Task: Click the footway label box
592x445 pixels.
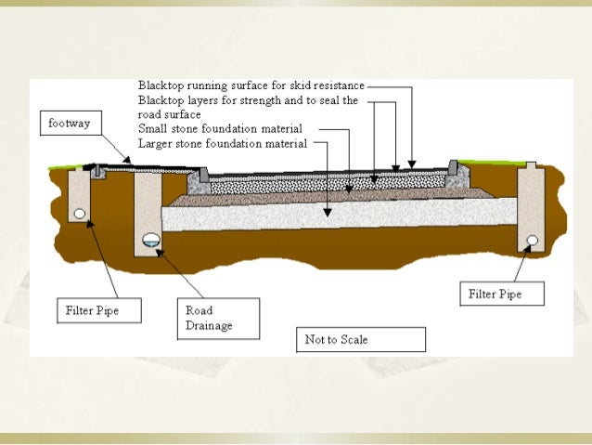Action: tap(70, 123)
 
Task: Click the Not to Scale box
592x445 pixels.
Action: tap(360, 340)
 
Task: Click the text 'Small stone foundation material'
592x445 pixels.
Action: tap(219, 129)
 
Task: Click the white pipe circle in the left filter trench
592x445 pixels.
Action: tap(82, 213)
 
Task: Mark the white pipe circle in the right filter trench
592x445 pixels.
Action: tap(533, 241)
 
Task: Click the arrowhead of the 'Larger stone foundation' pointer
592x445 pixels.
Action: tap(327, 215)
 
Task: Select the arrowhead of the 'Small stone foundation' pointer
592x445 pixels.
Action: tap(348, 191)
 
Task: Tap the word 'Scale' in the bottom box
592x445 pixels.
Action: tap(352, 340)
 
